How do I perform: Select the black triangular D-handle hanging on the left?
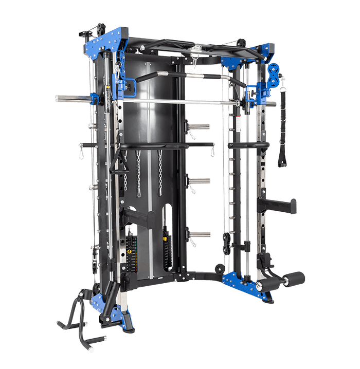[x=119, y=160]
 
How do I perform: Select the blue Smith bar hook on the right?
[x=252, y=94]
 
